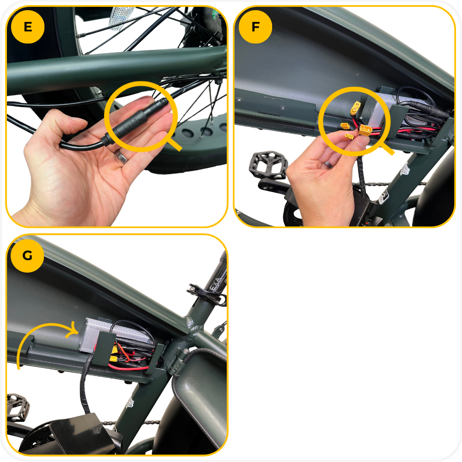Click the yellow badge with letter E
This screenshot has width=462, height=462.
[28, 27]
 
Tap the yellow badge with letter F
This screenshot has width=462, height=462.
[255, 27]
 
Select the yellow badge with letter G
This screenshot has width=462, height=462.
[27, 255]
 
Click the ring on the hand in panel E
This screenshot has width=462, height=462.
[121, 157]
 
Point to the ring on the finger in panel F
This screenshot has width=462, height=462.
[328, 164]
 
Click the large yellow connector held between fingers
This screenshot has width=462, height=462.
[365, 130]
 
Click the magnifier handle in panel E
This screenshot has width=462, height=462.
[173, 144]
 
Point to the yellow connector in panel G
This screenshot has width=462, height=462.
[114, 359]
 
